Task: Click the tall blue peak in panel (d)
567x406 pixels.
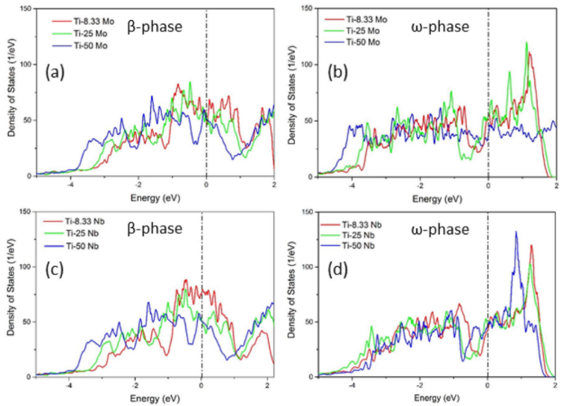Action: coord(515,233)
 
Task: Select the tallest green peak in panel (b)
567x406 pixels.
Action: coord(527,43)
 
